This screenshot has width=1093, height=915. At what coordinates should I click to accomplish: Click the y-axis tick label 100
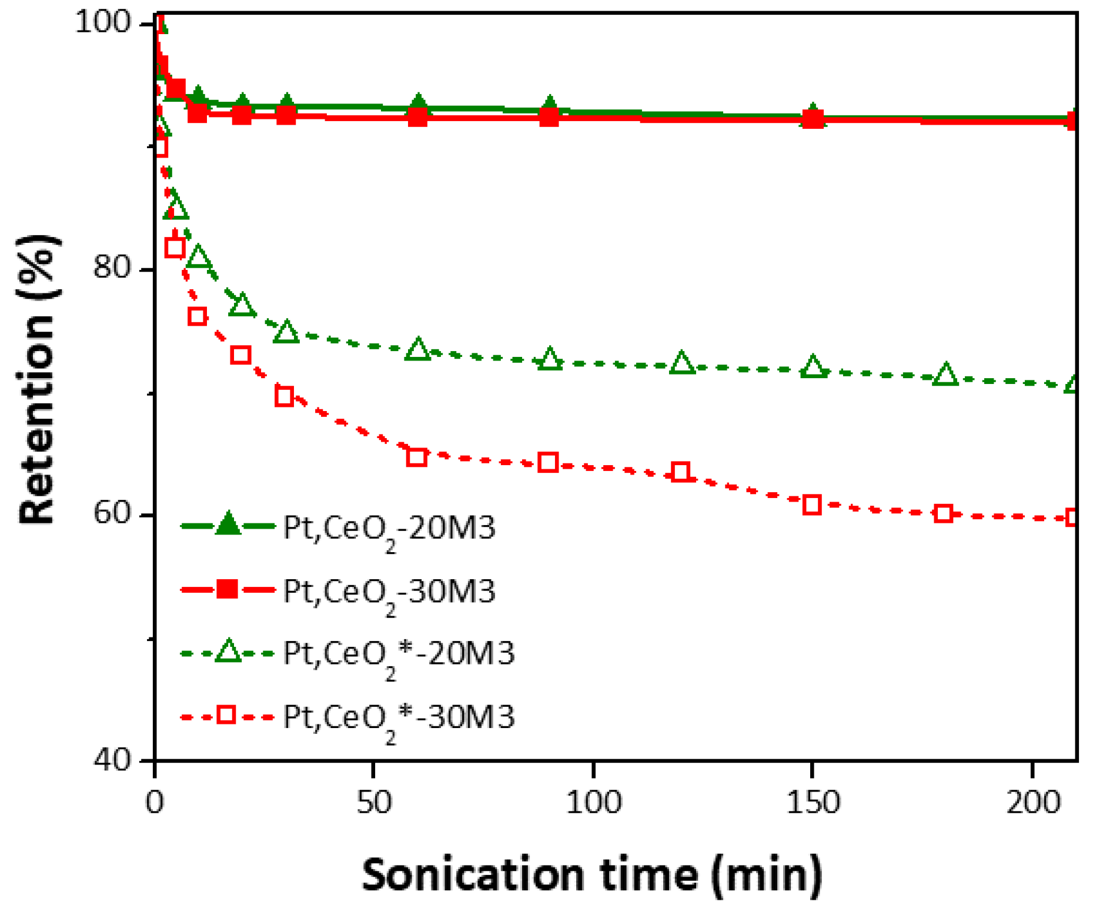(102, 24)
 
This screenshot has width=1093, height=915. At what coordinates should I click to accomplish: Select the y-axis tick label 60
(112, 513)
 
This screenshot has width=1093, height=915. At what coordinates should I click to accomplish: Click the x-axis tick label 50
(374, 803)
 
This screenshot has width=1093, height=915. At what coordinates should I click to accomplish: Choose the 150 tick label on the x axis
(813, 803)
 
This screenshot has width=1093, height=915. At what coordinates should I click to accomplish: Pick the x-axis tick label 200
(1032, 803)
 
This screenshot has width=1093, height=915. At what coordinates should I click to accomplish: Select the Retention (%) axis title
(39, 379)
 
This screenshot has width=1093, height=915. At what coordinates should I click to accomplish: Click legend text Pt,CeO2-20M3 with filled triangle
(389, 528)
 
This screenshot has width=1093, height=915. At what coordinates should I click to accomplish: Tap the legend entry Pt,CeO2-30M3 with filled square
(389, 591)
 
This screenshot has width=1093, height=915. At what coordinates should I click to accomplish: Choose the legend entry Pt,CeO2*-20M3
(398, 653)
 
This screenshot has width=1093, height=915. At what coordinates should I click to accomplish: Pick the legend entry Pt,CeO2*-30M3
(398, 717)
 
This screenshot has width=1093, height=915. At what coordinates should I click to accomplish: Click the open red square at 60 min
(416, 457)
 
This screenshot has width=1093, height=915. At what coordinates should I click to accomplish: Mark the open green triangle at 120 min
(681, 363)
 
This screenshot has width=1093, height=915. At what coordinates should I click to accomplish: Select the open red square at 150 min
(812, 505)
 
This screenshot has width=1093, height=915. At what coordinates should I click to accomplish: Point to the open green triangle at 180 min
(945, 375)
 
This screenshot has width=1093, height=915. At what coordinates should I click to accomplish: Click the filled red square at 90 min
(549, 117)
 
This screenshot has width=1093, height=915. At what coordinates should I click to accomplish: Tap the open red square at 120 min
(680, 472)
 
